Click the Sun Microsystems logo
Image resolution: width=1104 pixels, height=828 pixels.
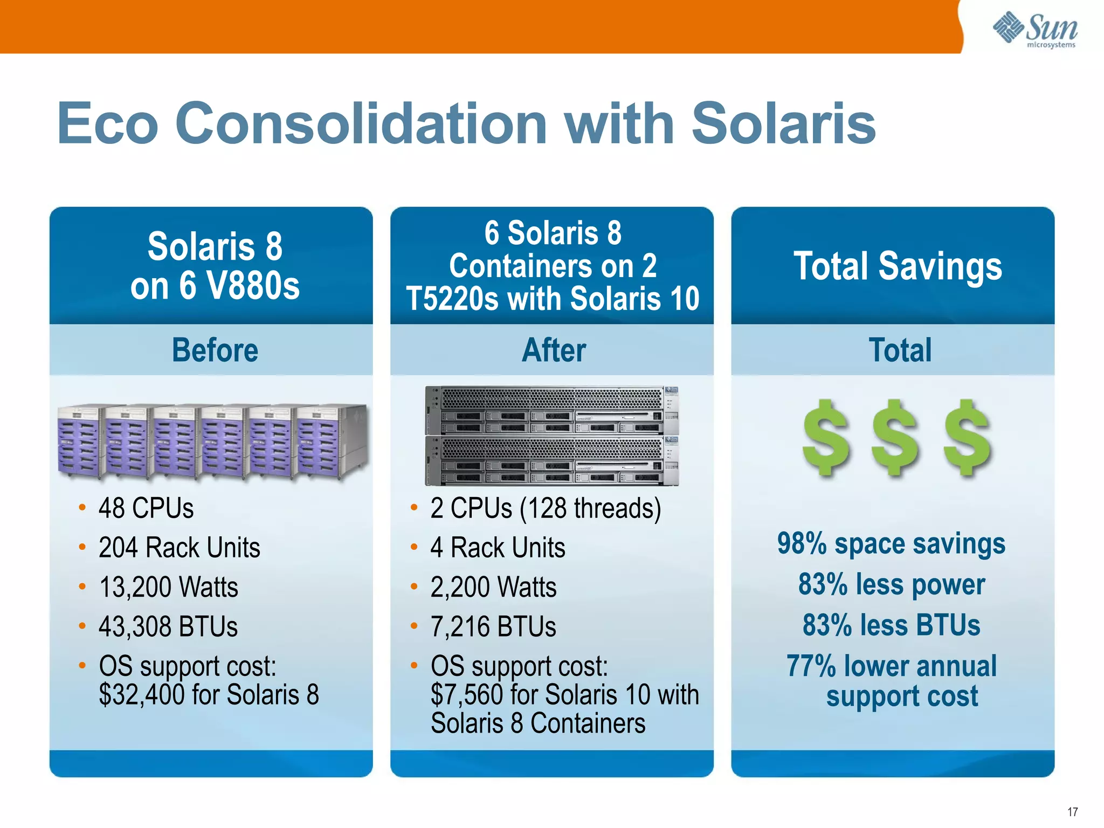[1035, 30]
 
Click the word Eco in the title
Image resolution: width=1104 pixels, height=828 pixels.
[108, 124]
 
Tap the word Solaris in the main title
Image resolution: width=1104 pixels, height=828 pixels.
[783, 124]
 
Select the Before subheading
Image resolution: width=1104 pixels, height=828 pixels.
[215, 350]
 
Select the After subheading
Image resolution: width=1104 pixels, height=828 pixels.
[554, 350]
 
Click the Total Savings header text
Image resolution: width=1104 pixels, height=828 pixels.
[898, 266]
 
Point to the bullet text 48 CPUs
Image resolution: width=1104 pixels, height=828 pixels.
[146, 508]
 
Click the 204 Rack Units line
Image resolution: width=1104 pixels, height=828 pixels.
[179, 548]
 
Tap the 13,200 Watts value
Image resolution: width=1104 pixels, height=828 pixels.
[168, 587]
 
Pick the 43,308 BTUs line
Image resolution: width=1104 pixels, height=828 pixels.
[168, 626]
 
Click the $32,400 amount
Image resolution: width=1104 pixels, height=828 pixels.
[142, 694]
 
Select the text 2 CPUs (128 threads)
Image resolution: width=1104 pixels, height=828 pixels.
[545, 508]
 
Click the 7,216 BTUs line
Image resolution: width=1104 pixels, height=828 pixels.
[493, 626]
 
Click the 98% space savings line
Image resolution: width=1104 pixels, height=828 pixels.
[891, 543]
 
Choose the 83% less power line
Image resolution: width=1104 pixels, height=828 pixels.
[891, 584]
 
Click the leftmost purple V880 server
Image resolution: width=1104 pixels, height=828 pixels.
[80, 441]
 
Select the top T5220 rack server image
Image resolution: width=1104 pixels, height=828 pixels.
[551, 410]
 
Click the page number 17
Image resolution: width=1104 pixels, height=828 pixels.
[1072, 812]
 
